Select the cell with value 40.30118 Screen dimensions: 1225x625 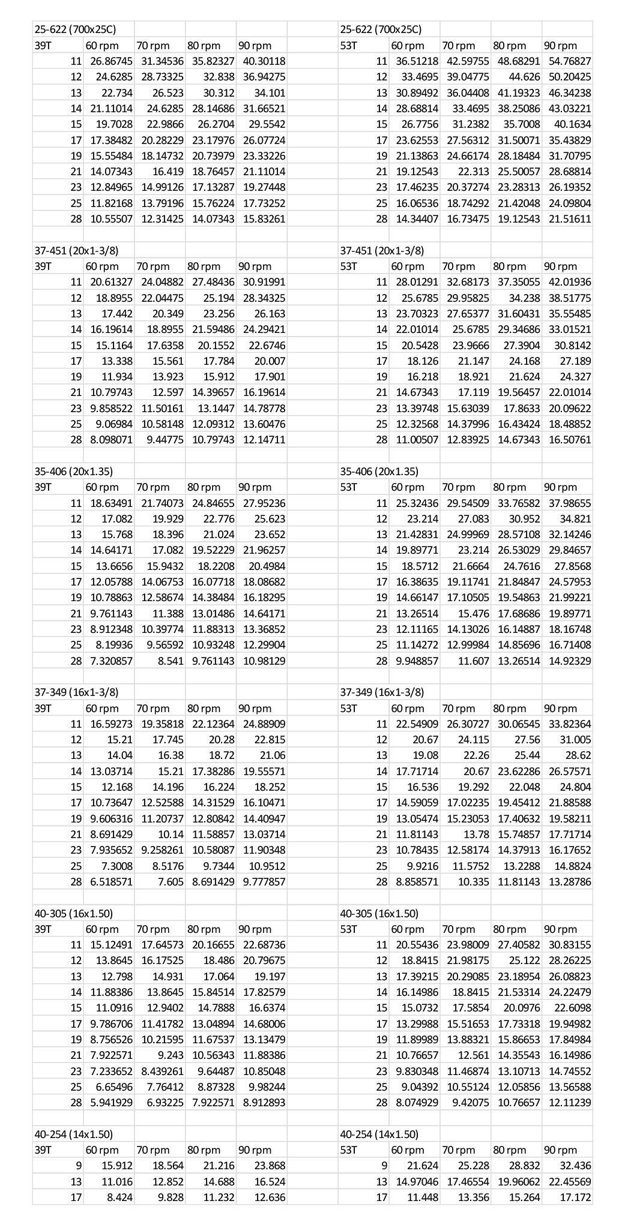click(x=264, y=61)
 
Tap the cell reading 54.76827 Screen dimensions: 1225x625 click(x=570, y=61)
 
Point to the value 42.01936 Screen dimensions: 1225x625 click(x=570, y=282)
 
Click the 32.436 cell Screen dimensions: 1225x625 click(x=576, y=1166)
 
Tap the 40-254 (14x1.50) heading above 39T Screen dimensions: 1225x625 click(x=73, y=1134)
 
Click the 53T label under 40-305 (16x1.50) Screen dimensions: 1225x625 click(x=349, y=929)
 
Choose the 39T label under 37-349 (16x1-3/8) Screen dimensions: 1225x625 click(x=43, y=708)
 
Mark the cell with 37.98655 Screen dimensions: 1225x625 click(x=570, y=503)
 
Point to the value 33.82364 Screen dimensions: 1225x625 click(x=570, y=724)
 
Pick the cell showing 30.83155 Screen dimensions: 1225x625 click(x=570, y=945)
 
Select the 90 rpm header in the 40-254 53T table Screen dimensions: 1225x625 click(x=561, y=1151)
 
